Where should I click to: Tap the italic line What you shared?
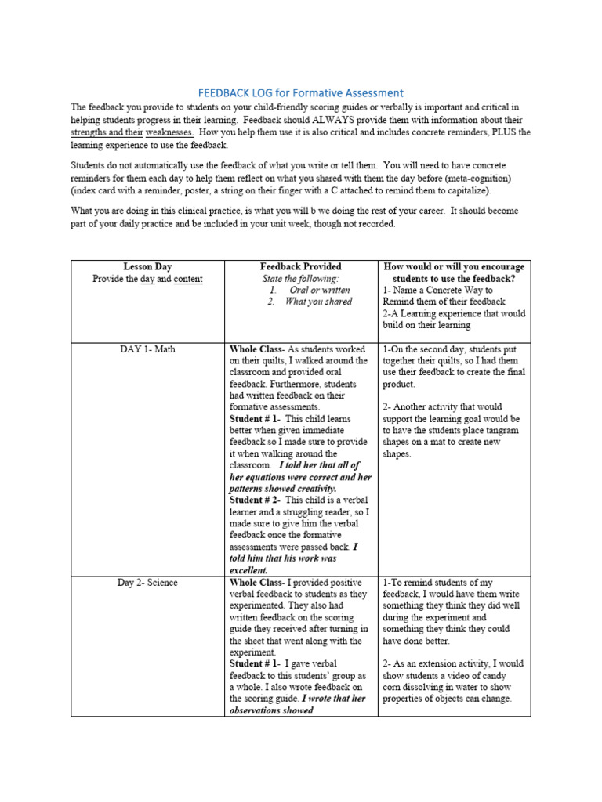coord(318,302)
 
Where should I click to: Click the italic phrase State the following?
coord(300,278)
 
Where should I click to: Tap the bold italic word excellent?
coord(248,570)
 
